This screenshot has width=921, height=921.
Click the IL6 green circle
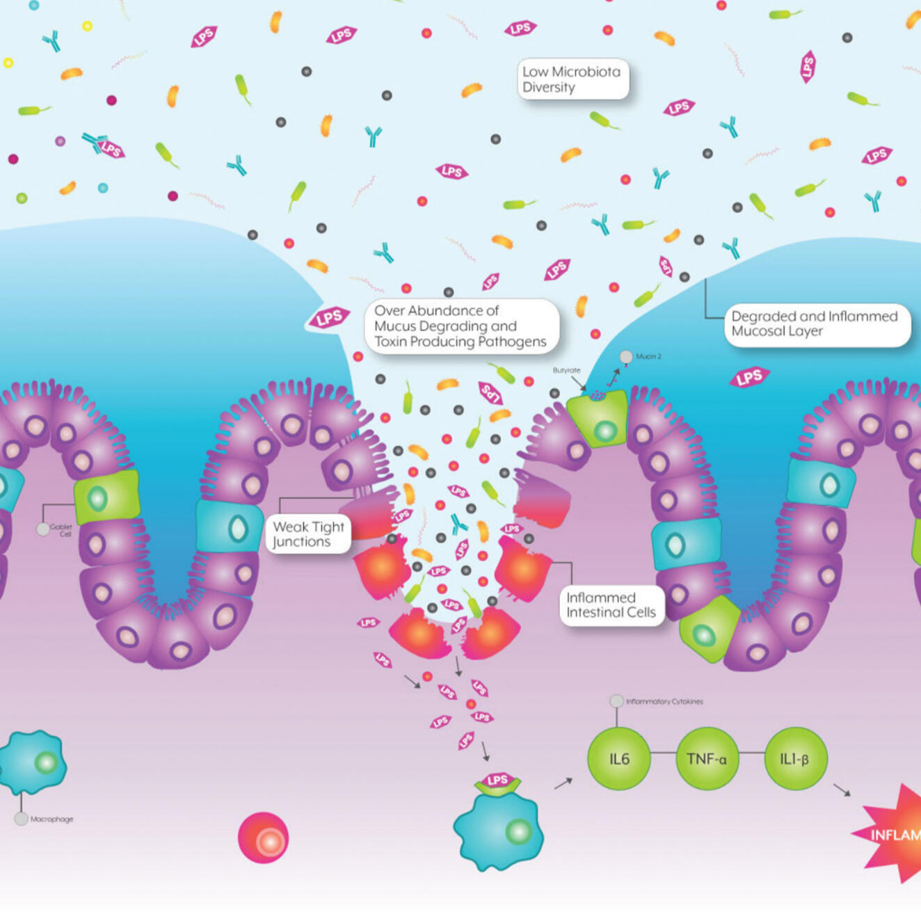click(619, 759)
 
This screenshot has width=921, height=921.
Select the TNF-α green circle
click(707, 759)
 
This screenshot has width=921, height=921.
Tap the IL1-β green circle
click(795, 759)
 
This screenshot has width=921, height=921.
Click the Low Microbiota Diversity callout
click(572, 79)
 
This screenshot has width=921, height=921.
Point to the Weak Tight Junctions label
click(308, 534)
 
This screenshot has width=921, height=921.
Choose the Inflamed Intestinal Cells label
click(611, 605)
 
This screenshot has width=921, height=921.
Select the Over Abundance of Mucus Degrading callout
click(461, 326)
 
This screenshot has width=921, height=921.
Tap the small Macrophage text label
click(51, 819)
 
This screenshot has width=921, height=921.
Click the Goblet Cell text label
click(61, 530)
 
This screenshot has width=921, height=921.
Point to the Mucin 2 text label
click(648, 356)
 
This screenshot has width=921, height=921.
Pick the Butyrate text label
click(566, 370)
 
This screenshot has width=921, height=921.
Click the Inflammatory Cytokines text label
click(664, 701)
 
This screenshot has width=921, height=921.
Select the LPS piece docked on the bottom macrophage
click(497, 781)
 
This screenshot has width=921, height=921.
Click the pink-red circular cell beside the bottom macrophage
click(263, 838)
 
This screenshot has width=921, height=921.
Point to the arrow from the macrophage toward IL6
click(563, 783)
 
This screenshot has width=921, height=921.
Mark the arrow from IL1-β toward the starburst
click(842, 790)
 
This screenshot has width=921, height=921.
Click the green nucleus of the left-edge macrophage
click(46, 762)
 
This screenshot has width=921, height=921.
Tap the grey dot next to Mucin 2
click(626, 357)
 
